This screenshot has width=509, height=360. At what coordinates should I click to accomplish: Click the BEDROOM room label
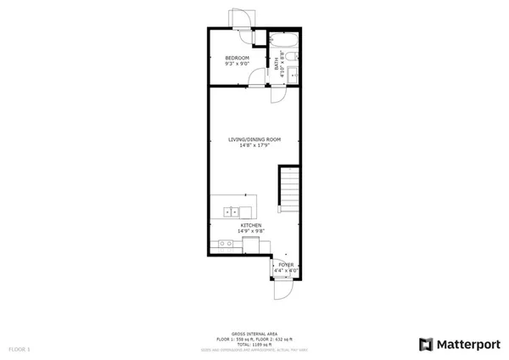pos(227,57)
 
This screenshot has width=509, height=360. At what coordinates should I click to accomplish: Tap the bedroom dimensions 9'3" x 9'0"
pos(227,63)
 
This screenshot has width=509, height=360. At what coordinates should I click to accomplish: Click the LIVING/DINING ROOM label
pos(254,139)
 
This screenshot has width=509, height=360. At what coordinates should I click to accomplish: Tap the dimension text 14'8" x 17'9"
pos(254,145)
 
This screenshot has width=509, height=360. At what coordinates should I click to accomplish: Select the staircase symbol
pos(289,191)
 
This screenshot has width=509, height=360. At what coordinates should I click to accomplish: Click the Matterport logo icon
pos(424,344)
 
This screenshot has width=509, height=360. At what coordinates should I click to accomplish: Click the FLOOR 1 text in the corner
pos(20,349)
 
